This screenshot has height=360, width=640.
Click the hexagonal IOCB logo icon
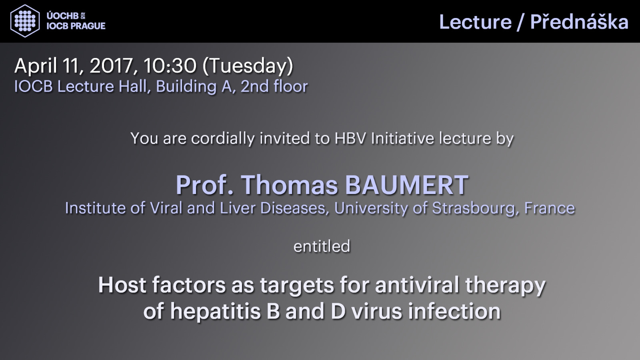tap(25, 21)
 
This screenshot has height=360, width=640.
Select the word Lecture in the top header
tap(475, 22)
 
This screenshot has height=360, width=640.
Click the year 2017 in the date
tap(111, 66)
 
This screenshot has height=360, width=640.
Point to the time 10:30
tap(170, 66)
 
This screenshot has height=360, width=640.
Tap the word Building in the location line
tap(186, 86)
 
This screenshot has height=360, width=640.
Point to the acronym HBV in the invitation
tap(350, 138)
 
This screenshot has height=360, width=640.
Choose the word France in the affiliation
tap(550, 208)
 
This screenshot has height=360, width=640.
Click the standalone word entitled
tap(322, 246)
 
